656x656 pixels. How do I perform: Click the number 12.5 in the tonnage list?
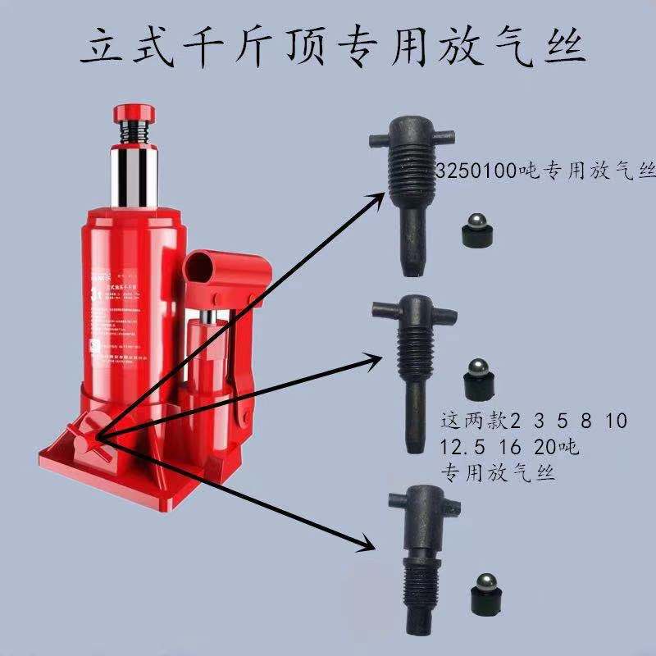(460, 448)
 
